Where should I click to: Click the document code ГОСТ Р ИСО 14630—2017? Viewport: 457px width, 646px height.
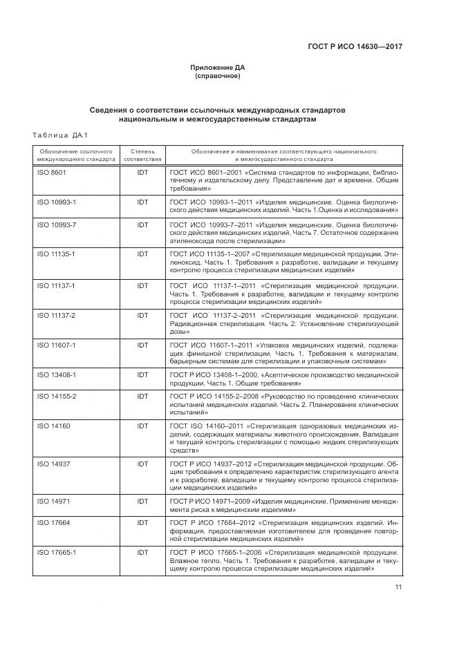355,46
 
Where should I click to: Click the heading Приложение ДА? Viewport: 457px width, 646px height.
218,68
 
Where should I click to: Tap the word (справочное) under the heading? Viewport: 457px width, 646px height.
218,76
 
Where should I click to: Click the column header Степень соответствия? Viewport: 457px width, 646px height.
142,154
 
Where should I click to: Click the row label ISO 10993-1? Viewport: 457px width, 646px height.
55,202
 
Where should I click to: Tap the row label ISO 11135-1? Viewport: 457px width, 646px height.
55,254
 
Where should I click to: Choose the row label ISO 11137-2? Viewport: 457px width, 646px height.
55,315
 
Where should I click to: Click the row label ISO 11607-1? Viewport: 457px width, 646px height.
55,345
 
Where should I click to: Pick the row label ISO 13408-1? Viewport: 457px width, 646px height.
55,374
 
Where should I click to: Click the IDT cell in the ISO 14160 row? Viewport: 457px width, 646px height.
142,426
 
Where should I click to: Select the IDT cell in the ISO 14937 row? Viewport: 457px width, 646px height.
142,463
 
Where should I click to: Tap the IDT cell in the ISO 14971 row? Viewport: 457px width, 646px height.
142,500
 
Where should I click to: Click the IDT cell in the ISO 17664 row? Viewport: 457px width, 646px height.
142,523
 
